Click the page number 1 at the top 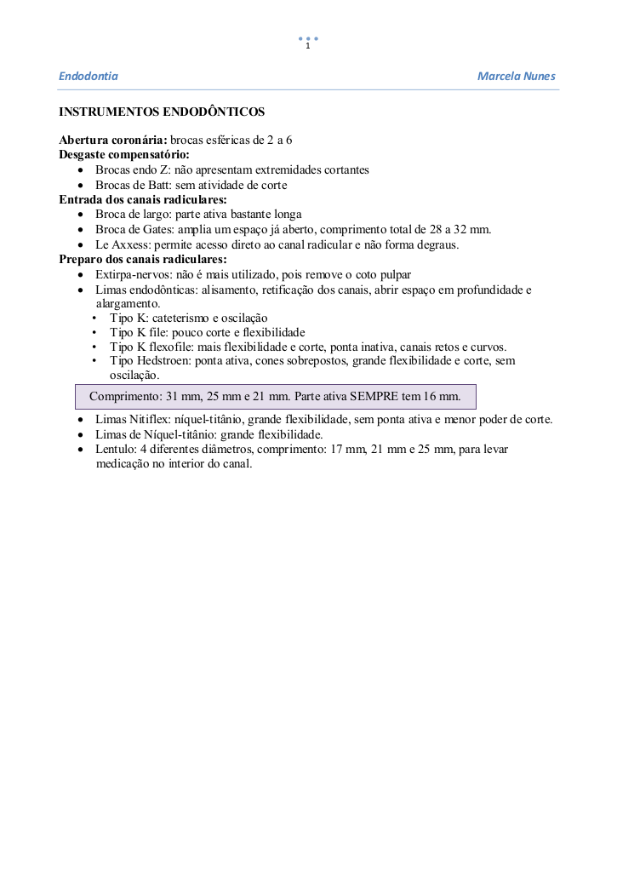[x=307, y=46]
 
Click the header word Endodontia [x=88, y=77]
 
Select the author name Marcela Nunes [x=516, y=77]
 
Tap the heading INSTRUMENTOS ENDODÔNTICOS [x=162, y=112]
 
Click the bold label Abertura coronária [x=112, y=140]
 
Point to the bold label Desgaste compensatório [x=123, y=154]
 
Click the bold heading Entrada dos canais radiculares [x=142, y=199]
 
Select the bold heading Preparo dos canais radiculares [x=142, y=259]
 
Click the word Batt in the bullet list [x=159, y=185]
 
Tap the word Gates [x=147, y=230]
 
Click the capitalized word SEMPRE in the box [x=374, y=397]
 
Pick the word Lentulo [x=115, y=449]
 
